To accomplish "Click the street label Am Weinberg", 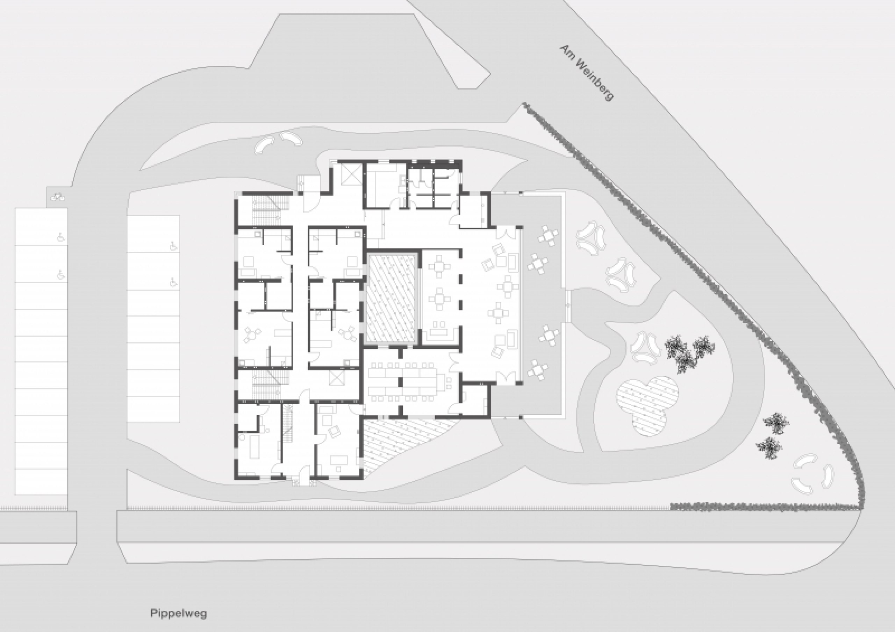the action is point(587,78).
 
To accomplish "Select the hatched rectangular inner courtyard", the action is point(392,299).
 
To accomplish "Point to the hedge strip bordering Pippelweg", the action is point(766,507).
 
